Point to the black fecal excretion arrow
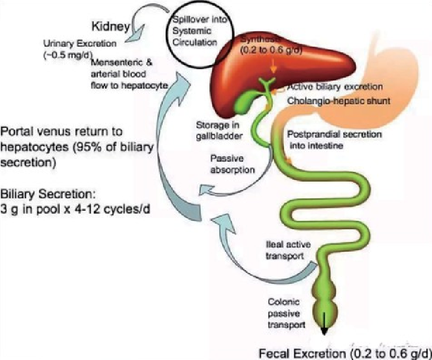(324, 323)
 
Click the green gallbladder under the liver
(244, 103)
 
